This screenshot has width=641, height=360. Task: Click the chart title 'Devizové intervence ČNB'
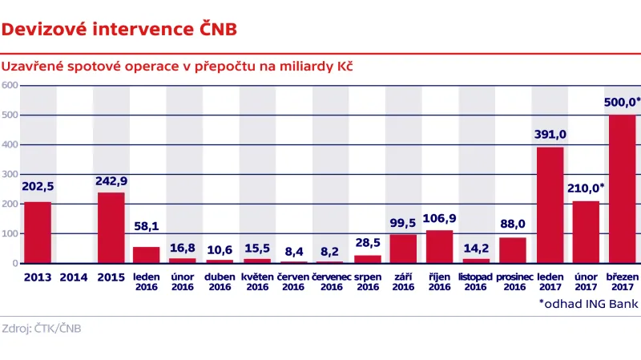[119, 30]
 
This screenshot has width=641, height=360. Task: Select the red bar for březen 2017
[622, 189]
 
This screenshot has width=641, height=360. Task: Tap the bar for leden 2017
[550, 205]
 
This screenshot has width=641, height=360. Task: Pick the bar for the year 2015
[111, 228]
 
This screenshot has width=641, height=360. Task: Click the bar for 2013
[38, 233]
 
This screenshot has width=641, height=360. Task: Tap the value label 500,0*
[622, 103]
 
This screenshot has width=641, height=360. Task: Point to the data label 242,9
[111, 180]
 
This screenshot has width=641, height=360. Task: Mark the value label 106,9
[440, 218]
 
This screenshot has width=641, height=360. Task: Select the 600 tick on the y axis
[10, 85]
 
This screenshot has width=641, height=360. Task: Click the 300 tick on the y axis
[10, 174]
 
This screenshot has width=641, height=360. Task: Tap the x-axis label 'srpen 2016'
[367, 281]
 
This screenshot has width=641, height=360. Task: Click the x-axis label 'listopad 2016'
[476, 281]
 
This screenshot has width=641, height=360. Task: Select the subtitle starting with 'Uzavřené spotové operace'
[177, 66]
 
